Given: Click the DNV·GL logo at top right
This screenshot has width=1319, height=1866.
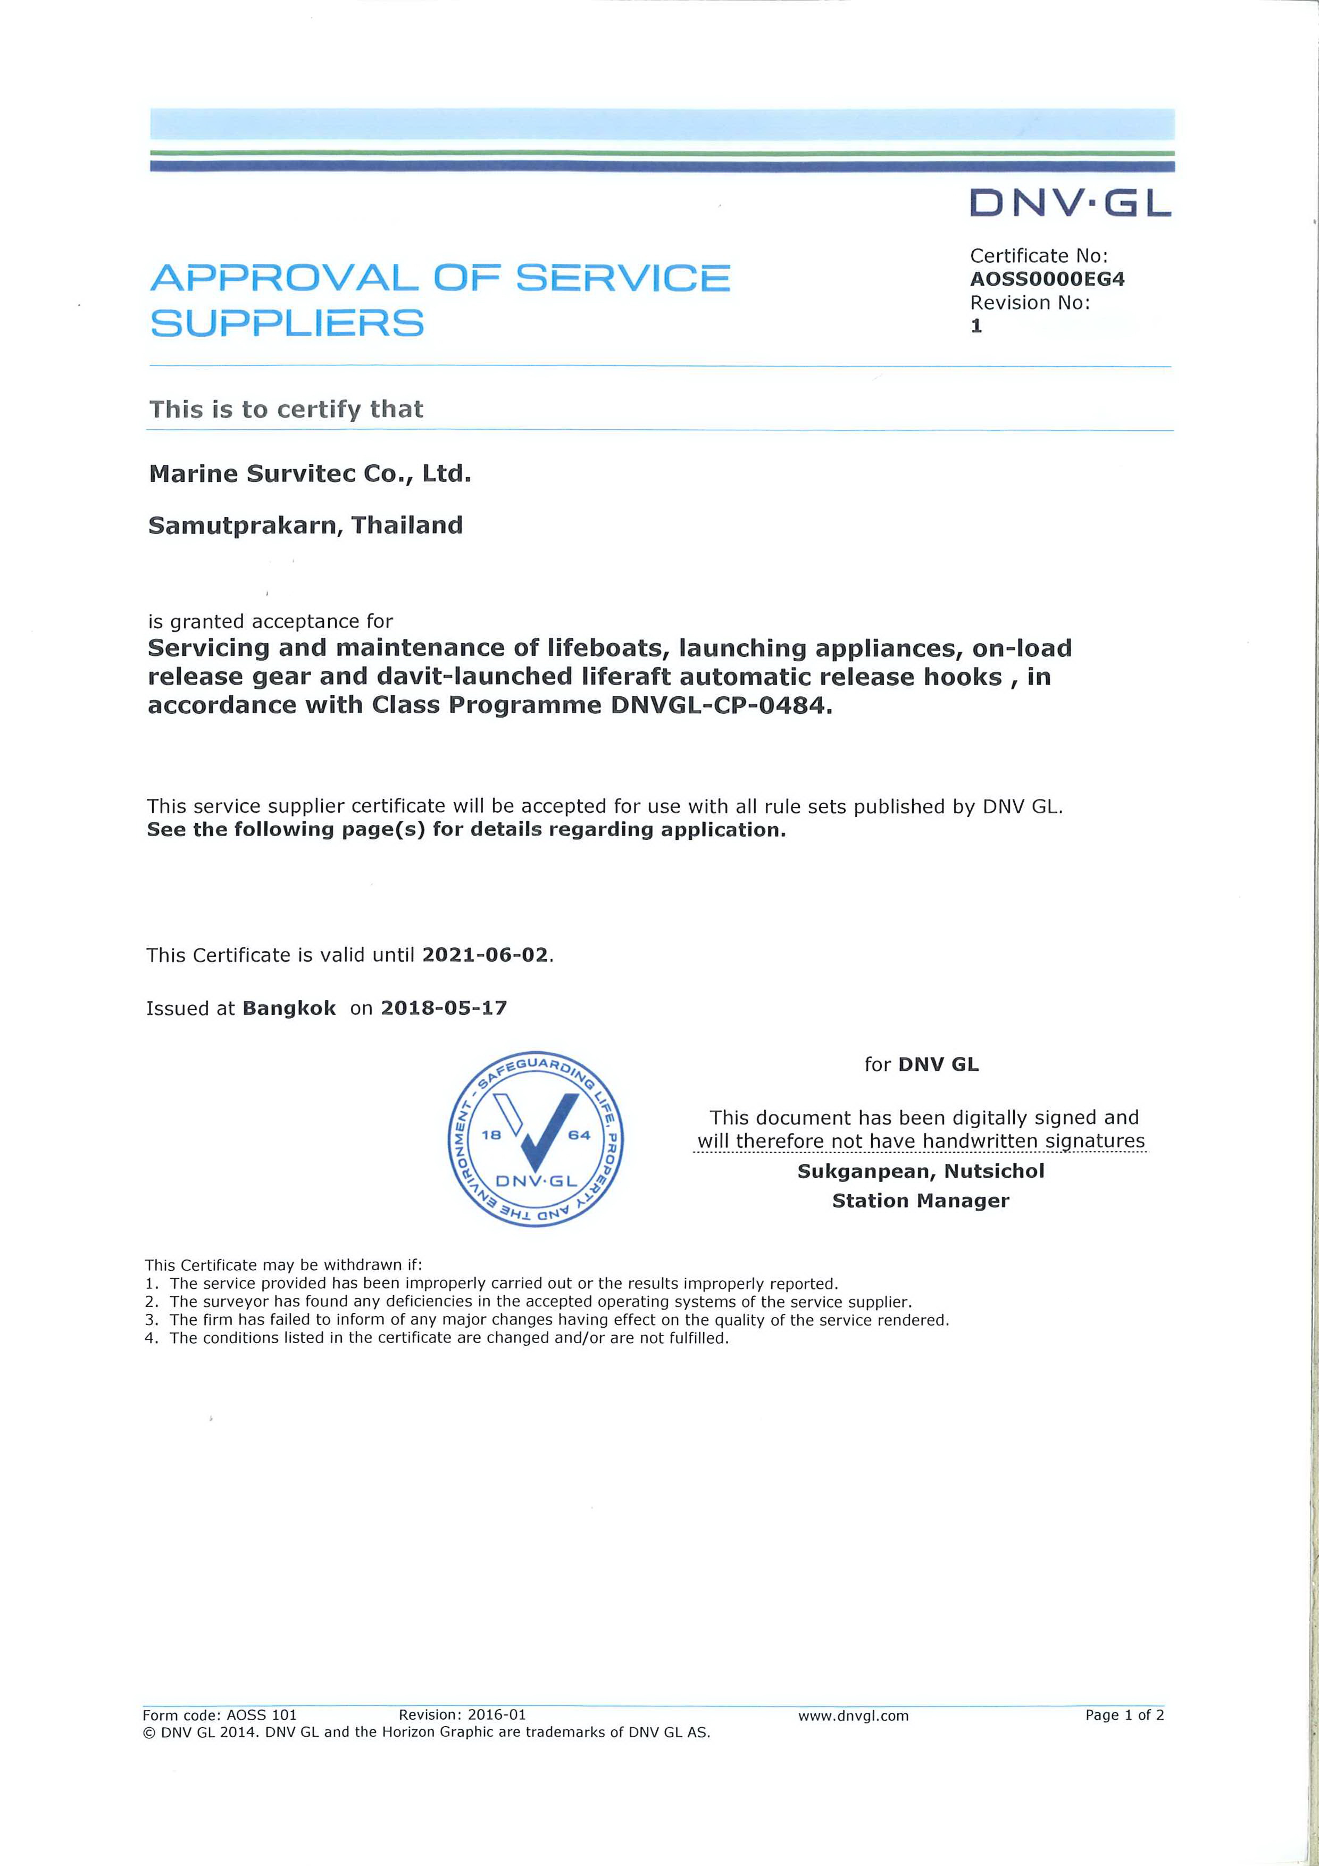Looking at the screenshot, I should pos(1070,203).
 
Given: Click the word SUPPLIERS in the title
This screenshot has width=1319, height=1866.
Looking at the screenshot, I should pos(287,323).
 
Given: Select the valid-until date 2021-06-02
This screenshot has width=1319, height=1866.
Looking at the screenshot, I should pos(485,954).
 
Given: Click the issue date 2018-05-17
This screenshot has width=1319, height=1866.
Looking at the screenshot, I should pos(444,1008).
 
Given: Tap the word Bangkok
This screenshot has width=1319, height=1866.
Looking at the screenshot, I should pos(289,1008).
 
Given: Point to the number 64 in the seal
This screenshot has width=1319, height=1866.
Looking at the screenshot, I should pos(579,1135).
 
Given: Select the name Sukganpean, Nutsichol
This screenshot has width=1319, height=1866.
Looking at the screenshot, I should pos(920,1171).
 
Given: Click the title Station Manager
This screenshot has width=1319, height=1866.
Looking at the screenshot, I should pos(920,1201).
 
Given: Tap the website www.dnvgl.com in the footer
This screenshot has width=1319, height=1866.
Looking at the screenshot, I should pos(853,1715).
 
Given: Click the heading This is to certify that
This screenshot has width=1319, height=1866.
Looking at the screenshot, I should pos(286,409).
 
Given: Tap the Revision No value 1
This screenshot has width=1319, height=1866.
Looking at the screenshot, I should pos(976,326).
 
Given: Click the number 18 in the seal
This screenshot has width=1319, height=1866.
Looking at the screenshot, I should pos(491,1135).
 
